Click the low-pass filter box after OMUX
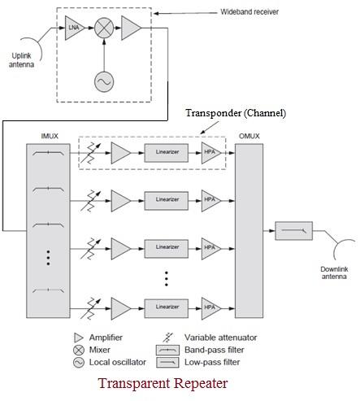pyautogui.click(x=289, y=232)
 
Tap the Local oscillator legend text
pyautogui.click(x=118, y=363)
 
